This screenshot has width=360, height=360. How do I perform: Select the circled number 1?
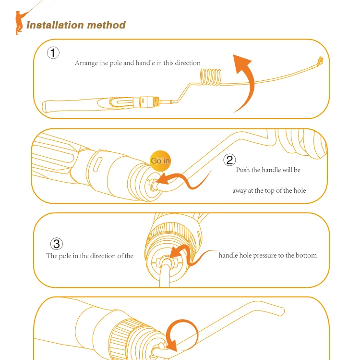[x=53, y=53]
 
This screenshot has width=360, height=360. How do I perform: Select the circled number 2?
[x=229, y=160]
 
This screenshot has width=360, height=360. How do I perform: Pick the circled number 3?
[x=57, y=244]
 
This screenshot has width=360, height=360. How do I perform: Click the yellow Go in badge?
[x=160, y=161]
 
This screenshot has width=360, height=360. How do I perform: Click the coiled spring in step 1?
[x=211, y=77]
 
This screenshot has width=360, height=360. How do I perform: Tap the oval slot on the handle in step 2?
[x=97, y=164]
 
